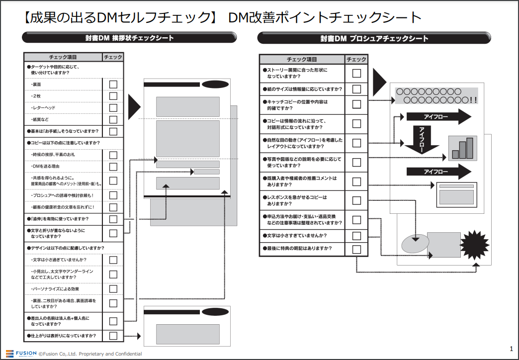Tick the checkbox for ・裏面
click(113, 85)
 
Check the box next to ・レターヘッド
click(113, 108)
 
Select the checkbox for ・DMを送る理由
click(113, 167)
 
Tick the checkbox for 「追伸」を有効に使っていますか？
click(113, 219)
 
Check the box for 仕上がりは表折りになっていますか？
click(113, 336)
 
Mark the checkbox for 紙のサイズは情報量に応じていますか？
click(356, 89)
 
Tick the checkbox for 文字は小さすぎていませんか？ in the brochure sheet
click(356, 236)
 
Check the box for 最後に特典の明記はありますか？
click(356, 249)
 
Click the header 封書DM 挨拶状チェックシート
click(129, 38)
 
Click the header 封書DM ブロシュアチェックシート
click(374, 38)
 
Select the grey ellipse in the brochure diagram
click(414, 243)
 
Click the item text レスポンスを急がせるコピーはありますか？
click(297, 200)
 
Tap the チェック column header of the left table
click(113, 57)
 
